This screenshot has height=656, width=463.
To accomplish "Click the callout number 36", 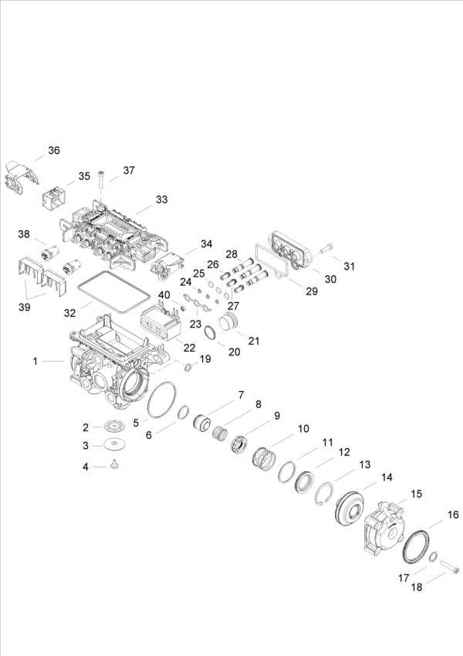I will (x=53, y=150).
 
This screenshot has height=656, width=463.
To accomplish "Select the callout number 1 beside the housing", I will (x=35, y=361).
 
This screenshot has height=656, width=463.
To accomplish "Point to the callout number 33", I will (x=161, y=199).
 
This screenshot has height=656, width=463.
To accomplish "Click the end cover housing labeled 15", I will (x=381, y=527).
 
